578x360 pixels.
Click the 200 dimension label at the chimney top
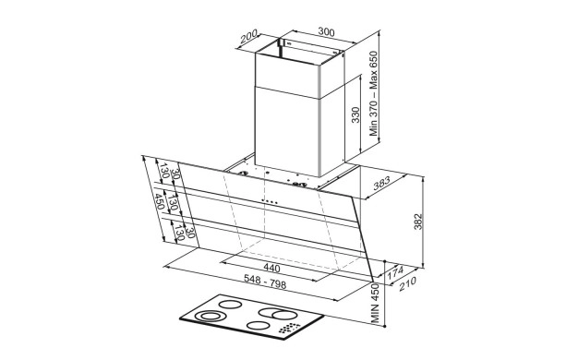(x=248, y=37)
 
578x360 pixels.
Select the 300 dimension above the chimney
(x=326, y=31)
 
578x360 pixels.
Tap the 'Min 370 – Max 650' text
(x=374, y=93)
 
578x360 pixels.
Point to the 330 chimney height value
(x=355, y=115)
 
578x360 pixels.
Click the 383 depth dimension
(x=381, y=184)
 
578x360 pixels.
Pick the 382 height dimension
(x=417, y=222)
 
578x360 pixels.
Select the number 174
(x=395, y=272)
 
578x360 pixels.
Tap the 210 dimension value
(x=407, y=283)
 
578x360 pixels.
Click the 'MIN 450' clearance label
(x=375, y=304)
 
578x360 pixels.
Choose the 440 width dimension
(x=271, y=268)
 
